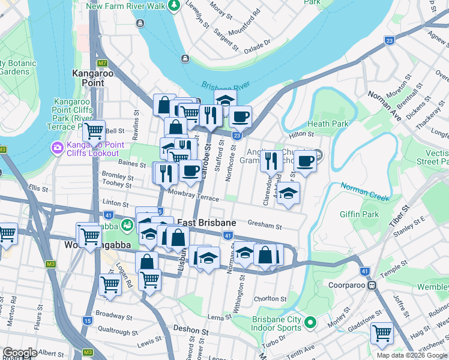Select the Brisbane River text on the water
pos(225,88)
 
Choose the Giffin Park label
pos(358,214)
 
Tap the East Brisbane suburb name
pos(206,223)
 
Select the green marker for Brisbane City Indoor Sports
pos(310,323)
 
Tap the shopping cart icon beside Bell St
pos(94,130)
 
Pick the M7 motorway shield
pos(103,63)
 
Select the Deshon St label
pos(191,329)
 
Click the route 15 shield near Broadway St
pos(88,321)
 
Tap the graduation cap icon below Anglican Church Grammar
pos(289,194)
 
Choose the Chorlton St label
pos(270,298)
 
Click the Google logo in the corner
pos(20,353)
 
